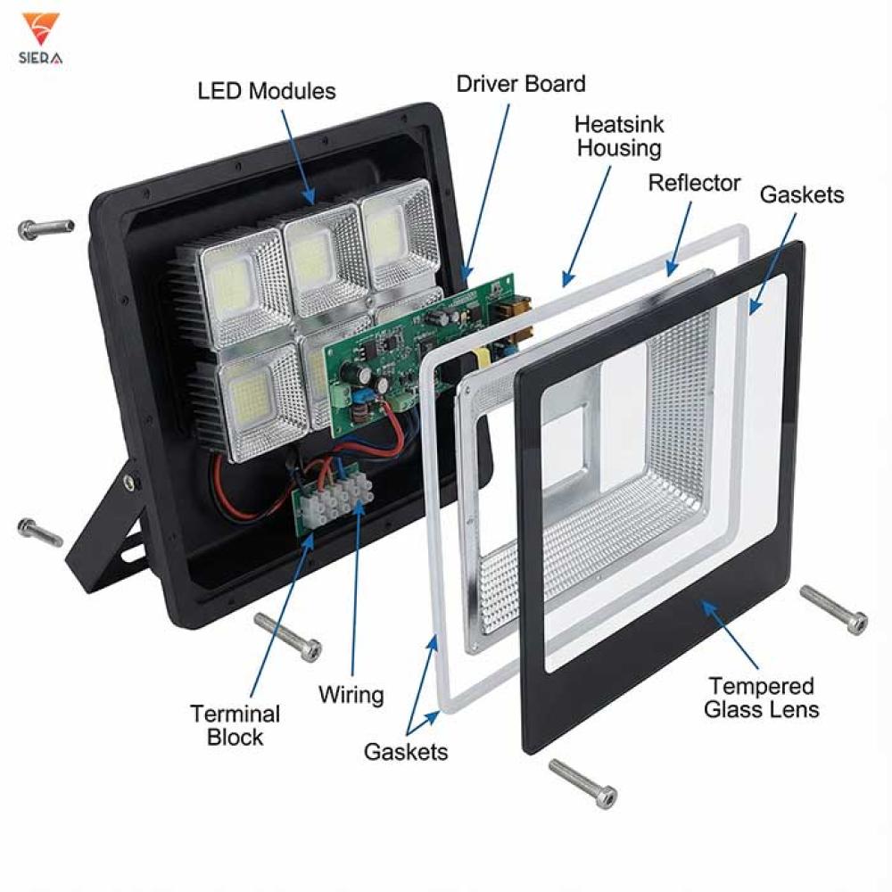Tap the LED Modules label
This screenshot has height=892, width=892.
coord(267,91)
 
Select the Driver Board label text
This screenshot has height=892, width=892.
coord(521,84)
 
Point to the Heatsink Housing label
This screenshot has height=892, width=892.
coord(619,136)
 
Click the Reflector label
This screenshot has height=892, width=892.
coord(694,183)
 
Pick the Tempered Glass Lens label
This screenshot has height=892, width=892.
coord(761,698)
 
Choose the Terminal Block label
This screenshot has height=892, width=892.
coord(235,725)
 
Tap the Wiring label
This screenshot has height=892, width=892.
coord(351,694)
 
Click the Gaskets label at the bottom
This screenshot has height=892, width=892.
coord(406,752)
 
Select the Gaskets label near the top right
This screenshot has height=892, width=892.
coord(801,194)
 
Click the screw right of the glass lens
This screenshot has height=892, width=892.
coord(834,609)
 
